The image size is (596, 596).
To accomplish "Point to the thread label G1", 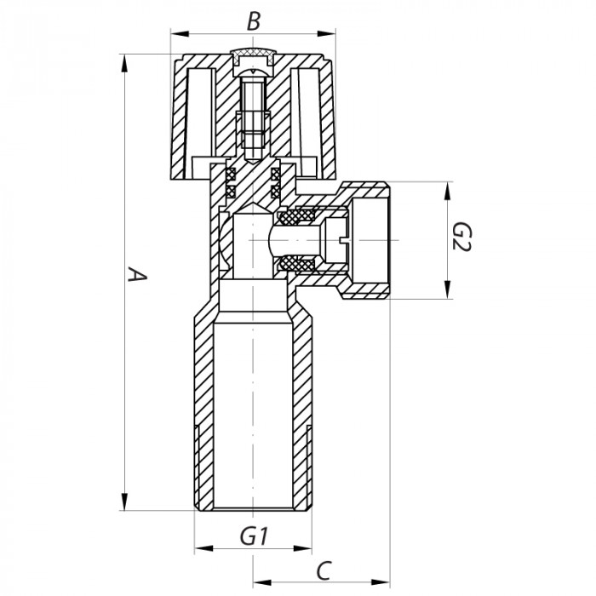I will (x=254, y=536).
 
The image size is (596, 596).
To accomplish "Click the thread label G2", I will (x=461, y=239).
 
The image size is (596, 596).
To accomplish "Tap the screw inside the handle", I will (x=253, y=115).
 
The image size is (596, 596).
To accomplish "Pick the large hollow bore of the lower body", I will (x=253, y=409).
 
